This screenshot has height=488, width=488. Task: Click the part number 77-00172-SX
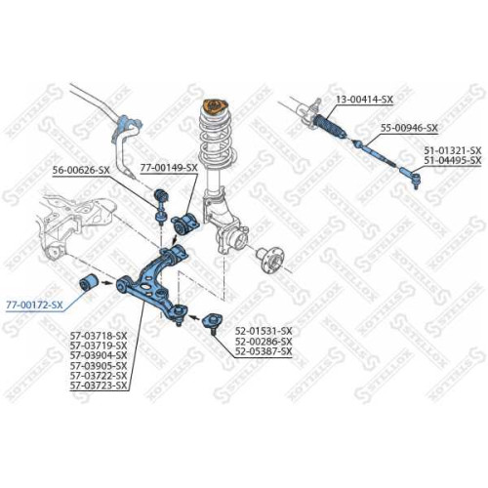[x=34, y=305]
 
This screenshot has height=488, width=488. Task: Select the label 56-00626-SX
[x=81, y=170]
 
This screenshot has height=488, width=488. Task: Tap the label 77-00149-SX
[x=169, y=168]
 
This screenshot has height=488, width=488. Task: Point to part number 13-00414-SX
[x=365, y=100]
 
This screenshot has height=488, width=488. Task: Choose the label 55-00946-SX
[x=410, y=128]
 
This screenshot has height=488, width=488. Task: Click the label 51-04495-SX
[x=452, y=160]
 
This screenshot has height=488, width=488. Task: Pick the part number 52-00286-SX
[x=264, y=342]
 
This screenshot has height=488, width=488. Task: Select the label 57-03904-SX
[x=99, y=355]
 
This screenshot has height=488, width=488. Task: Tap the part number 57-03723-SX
[x=99, y=386]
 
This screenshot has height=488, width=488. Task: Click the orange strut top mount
[x=216, y=106]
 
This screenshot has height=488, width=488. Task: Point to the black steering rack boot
[x=329, y=127]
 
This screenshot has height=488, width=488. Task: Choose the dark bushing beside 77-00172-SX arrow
[x=89, y=283]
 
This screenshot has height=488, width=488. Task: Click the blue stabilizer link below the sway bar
[x=161, y=207]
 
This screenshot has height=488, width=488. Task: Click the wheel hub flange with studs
[x=270, y=261]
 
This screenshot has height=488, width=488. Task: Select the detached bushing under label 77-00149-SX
[x=184, y=223]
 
